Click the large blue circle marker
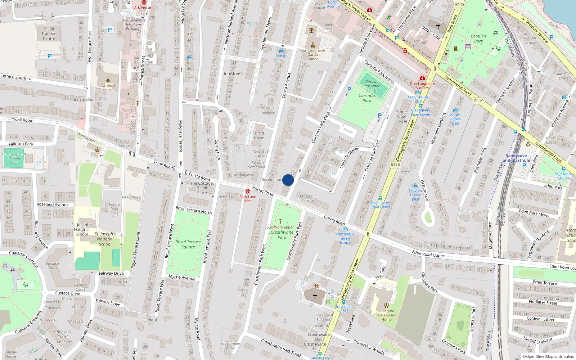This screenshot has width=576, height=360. [288, 180]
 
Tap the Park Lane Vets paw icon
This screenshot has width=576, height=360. [248, 191]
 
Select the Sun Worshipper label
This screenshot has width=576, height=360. [280, 227]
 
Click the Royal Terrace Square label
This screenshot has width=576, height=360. [188, 244]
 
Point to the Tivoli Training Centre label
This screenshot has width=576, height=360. [49, 34]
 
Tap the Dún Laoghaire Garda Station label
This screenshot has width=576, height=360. [312, 55]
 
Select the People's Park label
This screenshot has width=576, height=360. [478, 39]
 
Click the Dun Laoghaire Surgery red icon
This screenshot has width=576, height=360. [422, 78]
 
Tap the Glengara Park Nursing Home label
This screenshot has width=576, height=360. [386, 315]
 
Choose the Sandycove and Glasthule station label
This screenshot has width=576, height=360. [516, 158]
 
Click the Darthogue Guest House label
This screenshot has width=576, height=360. [345, 238]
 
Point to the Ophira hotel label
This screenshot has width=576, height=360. [282, 55]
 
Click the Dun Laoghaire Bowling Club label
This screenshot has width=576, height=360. [14, 158]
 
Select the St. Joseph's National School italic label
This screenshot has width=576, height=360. [105, 239]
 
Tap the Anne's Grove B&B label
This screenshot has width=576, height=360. [455, 119]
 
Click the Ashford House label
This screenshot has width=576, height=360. [108, 87]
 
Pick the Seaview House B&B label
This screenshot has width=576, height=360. [415, 195]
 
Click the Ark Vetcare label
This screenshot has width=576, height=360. [144, 7]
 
